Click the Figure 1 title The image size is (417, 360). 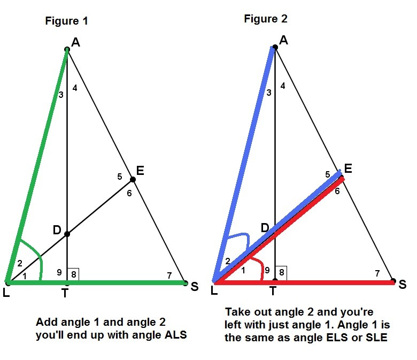66,21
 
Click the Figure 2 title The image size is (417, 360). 266,19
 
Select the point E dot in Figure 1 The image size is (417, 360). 133,180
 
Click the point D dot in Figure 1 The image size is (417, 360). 67,234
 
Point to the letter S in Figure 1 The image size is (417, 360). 194,287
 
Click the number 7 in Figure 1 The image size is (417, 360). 169,275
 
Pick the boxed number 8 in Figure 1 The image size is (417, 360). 74,273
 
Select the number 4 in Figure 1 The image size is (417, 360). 75,88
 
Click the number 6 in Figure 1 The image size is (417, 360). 129,193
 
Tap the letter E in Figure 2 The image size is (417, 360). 348,168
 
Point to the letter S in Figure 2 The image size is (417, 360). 402,284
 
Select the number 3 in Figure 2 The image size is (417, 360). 268,93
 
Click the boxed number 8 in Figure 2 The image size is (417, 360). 282,272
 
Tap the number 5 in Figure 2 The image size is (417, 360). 327,174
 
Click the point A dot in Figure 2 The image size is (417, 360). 275,48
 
